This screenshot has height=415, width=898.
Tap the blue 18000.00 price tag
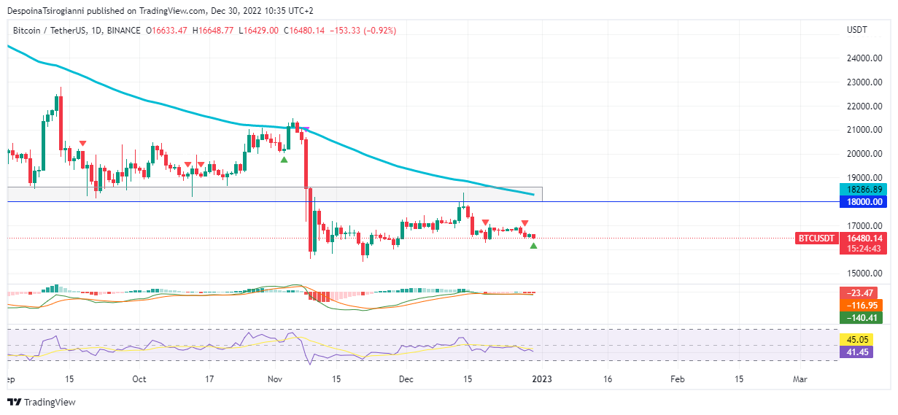(x=861, y=201)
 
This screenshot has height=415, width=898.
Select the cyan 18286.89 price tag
(x=861, y=189)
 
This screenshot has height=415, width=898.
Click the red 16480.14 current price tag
(x=861, y=238)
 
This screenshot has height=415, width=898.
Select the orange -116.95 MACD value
(x=861, y=305)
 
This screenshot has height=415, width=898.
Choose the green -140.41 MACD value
(x=861, y=317)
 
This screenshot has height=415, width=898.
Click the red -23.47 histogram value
(x=861, y=293)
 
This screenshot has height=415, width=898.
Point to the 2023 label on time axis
(x=541, y=379)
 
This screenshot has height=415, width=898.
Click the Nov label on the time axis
(x=275, y=379)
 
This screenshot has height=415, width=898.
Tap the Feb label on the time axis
(x=678, y=379)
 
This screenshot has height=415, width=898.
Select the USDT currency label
(x=856, y=30)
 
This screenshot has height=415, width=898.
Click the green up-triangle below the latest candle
(x=533, y=246)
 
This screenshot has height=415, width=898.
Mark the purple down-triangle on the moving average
(x=306, y=130)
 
